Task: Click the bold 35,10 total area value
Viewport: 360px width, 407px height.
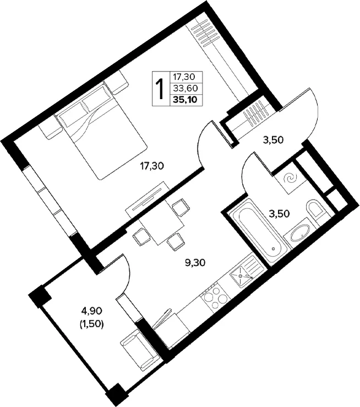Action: (186, 100)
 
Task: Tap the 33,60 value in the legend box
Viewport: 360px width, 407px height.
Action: (186, 89)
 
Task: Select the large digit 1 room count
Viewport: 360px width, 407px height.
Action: (161, 89)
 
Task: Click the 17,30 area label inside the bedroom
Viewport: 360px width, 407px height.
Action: (152, 166)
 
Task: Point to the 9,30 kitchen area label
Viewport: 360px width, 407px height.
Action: (195, 263)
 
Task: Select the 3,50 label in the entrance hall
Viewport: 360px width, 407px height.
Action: (273, 140)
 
